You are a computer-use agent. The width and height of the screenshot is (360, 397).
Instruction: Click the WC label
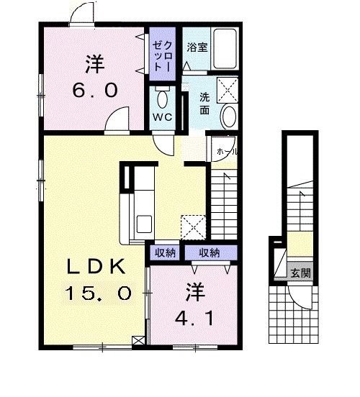click(162, 117)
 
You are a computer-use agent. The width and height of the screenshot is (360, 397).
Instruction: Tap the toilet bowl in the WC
click(162, 98)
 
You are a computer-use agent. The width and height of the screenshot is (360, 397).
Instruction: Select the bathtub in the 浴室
click(225, 49)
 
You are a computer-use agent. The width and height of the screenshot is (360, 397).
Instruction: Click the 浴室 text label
click(197, 47)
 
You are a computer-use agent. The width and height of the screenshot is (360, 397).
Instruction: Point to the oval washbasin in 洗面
click(230, 117)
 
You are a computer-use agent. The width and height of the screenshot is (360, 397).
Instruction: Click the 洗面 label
click(204, 104)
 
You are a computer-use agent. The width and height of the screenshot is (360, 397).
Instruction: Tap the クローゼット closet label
click(162, 56)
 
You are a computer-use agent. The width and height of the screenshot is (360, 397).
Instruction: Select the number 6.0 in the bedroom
click(95, 91)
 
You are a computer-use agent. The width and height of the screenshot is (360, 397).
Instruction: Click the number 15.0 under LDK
click(99, 293)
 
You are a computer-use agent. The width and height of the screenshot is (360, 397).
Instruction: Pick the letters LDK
click(96, 267)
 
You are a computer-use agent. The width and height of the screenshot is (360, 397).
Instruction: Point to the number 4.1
click(194, 319)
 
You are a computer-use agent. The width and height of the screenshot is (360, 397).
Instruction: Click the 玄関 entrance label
click(300, 273)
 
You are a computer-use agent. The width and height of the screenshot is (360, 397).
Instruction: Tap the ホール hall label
click(227, 152)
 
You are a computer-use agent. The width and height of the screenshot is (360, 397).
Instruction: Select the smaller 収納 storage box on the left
click(165, 252)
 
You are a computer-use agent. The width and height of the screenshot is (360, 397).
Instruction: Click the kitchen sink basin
click(144, 224)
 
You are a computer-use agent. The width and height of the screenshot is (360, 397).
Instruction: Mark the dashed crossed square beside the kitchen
click(193, 227)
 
